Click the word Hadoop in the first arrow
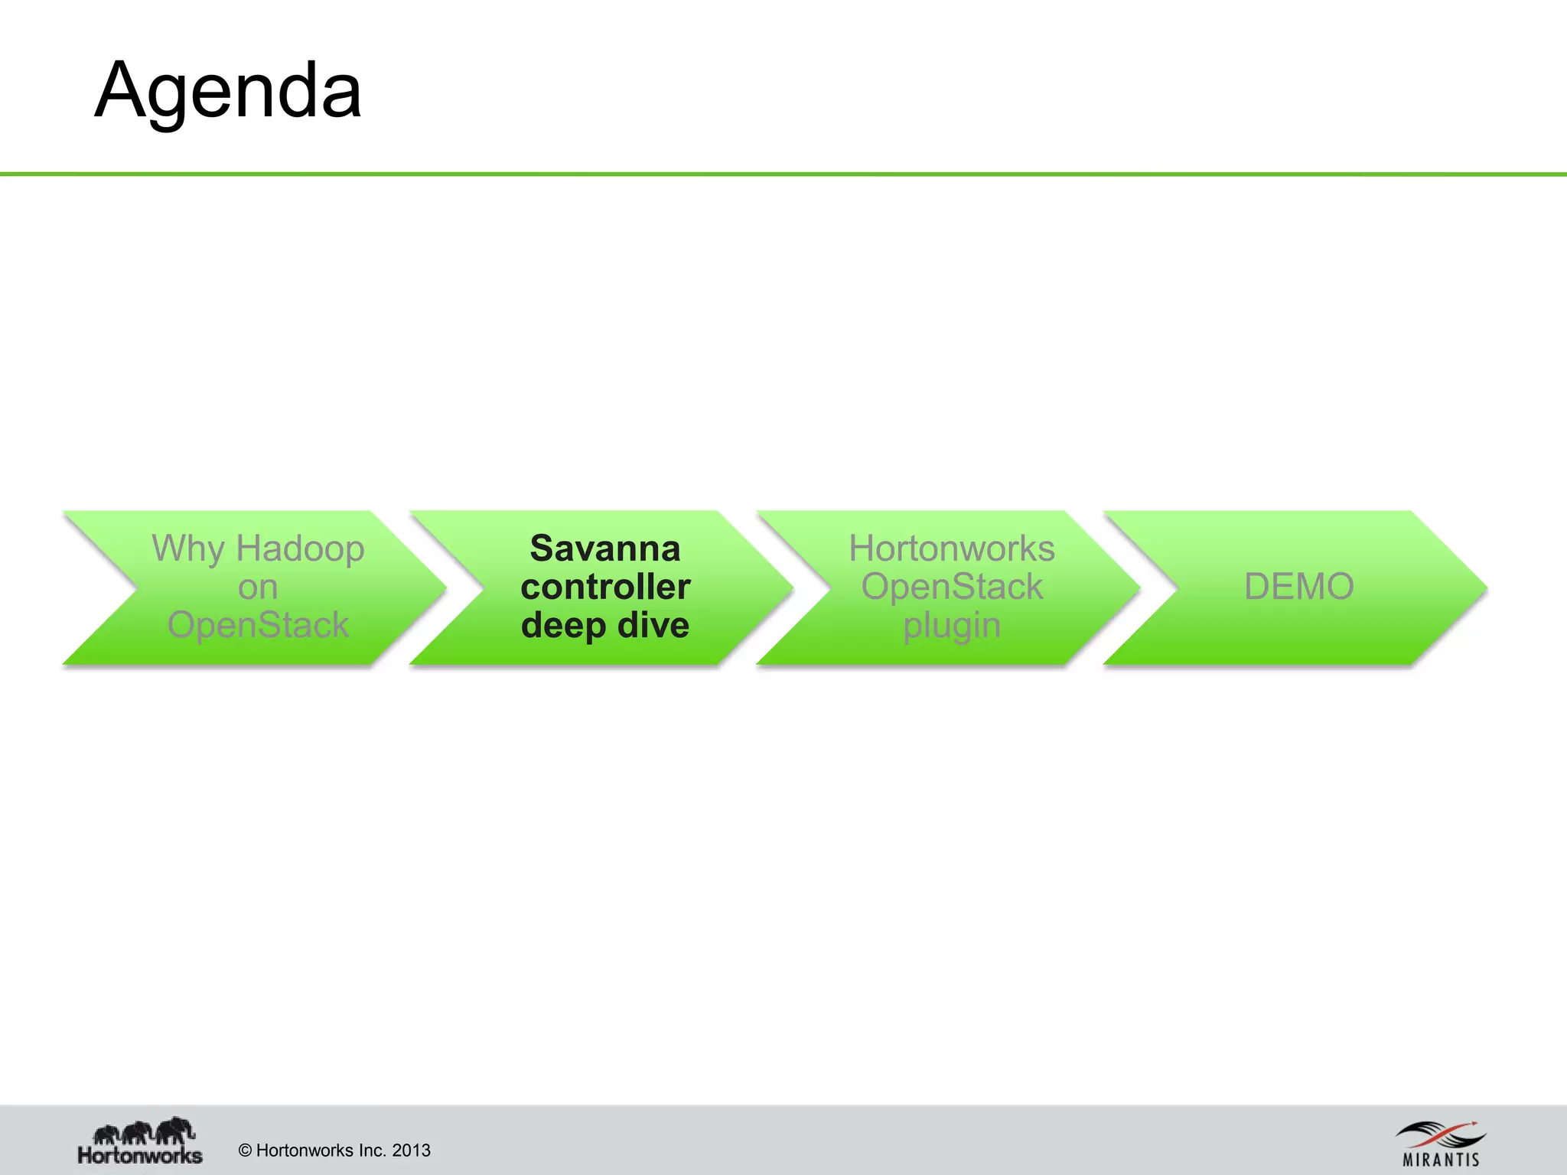click(300, 548)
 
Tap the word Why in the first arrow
click(188, 548)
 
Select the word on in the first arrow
click(257, 587)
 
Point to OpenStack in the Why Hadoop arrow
click(258, 625)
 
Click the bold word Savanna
click(604, 548)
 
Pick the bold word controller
click(605, 587)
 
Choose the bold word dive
click(653, 625)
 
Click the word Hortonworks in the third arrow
click(952, 548)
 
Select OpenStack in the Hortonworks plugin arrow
click(952, 587)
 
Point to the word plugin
click(952, 626)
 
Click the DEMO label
click(1298, 587)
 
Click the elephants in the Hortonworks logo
click(144, 1130)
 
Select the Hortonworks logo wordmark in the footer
click(140, 1154)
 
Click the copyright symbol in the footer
click(246, 1151)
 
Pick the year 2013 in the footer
click(411, 1151)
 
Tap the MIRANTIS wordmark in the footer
click(1441, 1160)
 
